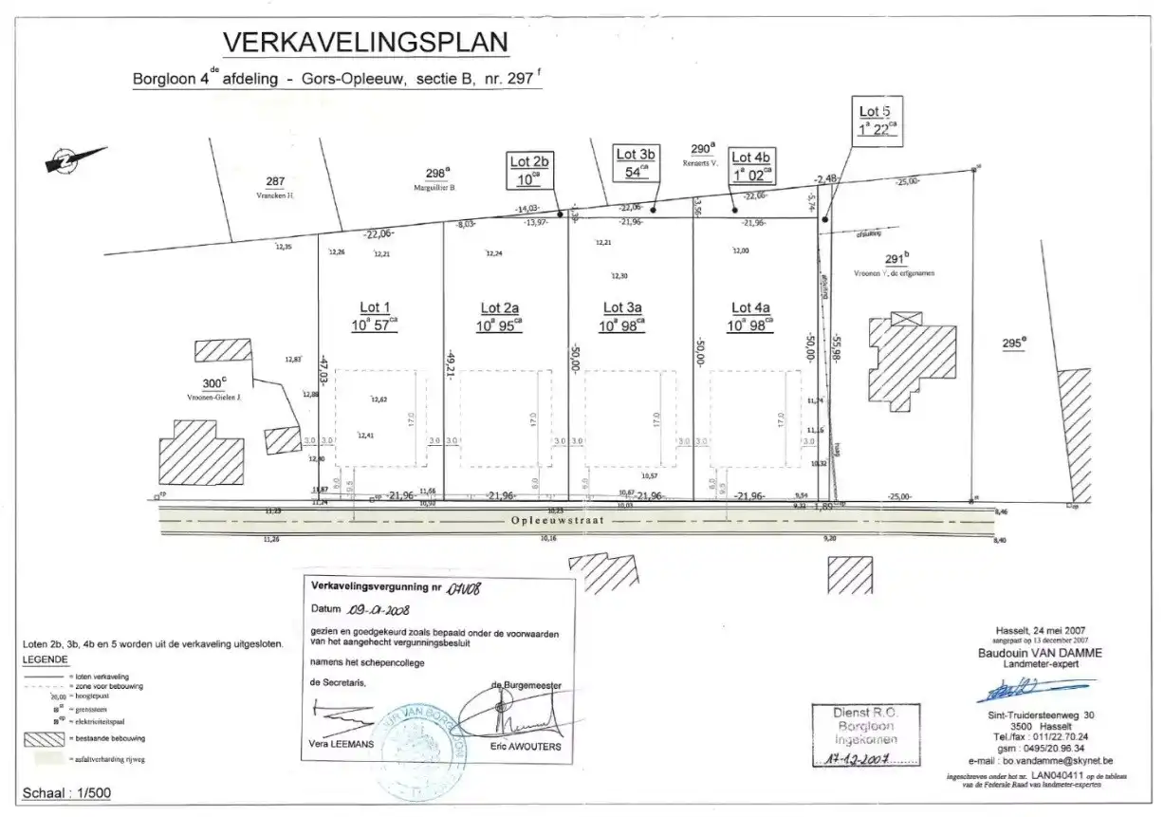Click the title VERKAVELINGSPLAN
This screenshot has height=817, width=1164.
point(365,43)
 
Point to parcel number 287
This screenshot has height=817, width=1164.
point(275,181)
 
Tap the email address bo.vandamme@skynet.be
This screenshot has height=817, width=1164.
point(1056,761)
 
